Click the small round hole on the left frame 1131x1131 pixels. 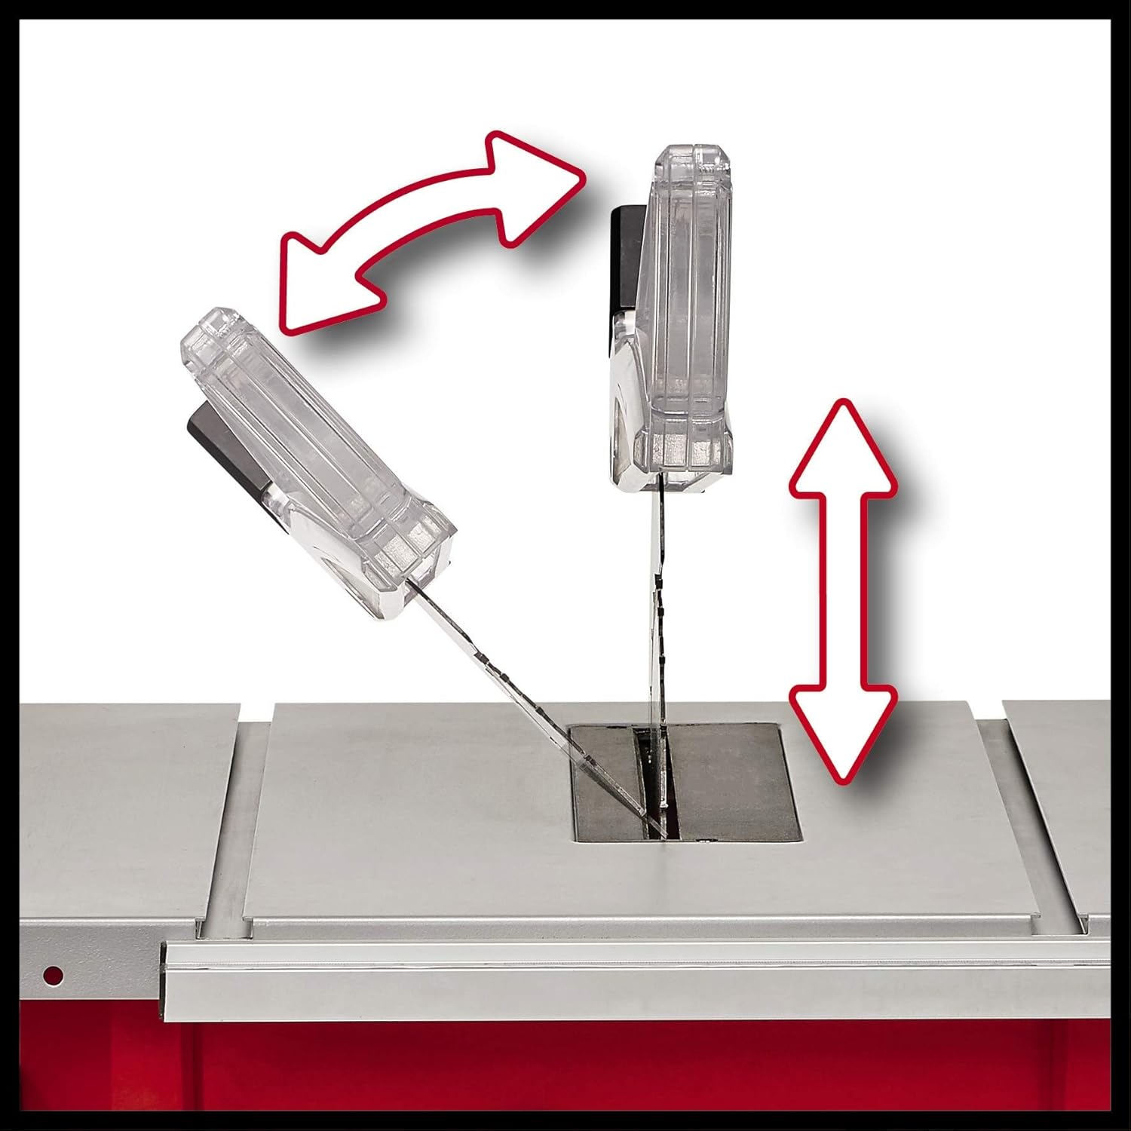pos(54,975)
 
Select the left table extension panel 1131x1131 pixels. pos(113,792)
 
